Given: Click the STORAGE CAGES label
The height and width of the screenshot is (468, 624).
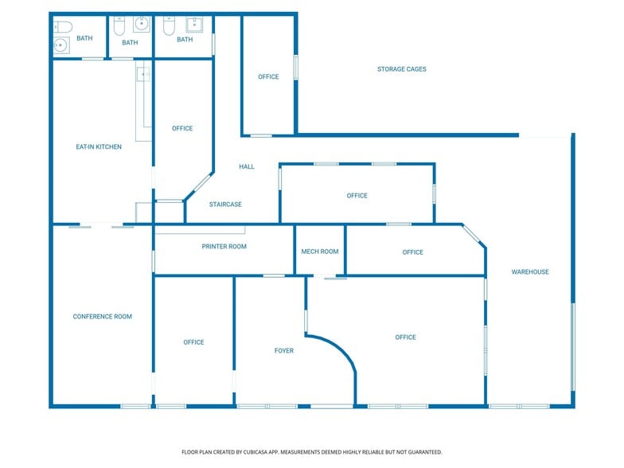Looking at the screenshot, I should (x=401, y=69).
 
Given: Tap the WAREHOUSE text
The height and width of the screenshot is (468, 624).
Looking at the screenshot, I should (x=529, y=272).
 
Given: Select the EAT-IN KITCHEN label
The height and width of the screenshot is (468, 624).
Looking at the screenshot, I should (x=99, y=146).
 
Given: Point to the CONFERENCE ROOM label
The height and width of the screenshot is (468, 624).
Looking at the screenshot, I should (x=102, y=317).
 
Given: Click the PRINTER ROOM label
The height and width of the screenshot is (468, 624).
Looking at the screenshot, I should (x=224, y=247).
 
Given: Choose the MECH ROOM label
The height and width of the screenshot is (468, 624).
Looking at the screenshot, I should (x=319, y=252).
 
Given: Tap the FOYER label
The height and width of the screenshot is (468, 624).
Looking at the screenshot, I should (x=284, y=350).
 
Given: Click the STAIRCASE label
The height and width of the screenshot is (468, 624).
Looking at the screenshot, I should (x=225, y=205).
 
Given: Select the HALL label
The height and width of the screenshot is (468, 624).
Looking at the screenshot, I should (x=247, y=166).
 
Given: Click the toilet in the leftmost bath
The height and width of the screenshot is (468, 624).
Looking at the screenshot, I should (x=62, y=27).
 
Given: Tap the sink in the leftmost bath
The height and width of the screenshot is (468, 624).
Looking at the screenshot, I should (x=61, y=45).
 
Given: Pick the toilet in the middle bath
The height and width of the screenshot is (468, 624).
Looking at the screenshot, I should (x=119, y=27).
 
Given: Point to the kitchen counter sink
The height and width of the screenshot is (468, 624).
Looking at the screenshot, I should (x=144, y=75).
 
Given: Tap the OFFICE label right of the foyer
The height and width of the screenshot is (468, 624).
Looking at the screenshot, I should (x=405, y=337).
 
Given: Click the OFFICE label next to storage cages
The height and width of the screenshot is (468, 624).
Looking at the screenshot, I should (x=268, y=77).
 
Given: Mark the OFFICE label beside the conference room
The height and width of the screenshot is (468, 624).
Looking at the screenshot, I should (x=193, y=342).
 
